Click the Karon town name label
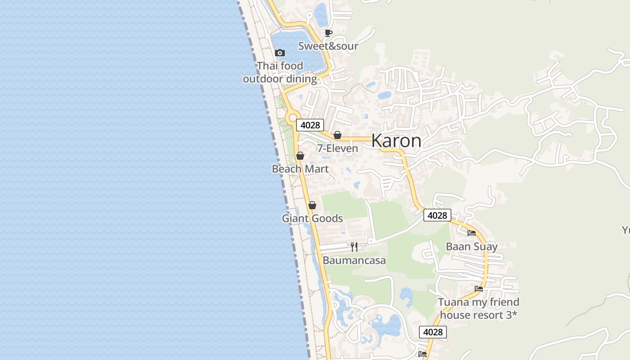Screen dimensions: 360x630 click(x=396, y=141)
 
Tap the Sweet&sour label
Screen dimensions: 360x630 click(x=328, y=46)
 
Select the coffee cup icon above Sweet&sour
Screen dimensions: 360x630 click(x=328, y=33)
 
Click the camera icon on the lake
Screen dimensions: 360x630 click(x=280, y=53)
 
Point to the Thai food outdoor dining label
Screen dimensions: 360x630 click(x=280, y=72)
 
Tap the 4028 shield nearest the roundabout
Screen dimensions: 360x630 click(x=310, y=125)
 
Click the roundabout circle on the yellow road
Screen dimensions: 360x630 click(x=293, y=117)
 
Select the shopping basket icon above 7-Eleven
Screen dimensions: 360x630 click(x=337, y=135)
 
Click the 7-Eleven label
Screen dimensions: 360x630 click(x=337, y=148)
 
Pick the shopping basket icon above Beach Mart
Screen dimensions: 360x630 click(x=300, y=156)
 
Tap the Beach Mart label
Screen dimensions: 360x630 click(x=300, y=169)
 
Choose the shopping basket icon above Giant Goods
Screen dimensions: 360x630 click(x=312, y=205)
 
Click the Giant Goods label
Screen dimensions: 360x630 click(x=312, y=219)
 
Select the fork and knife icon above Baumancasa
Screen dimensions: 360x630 click(x=354, y=247)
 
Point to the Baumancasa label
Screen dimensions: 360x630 click(x=354, y=261)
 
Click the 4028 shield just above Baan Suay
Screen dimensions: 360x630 click(x=437, y=216)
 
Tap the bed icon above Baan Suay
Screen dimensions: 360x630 click(x=472, y=233)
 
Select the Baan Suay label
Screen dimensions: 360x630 click(x=472, y=247)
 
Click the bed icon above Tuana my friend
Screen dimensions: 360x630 click(x=479, y=288)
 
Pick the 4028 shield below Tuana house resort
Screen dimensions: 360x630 click(x=433, y=332)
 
